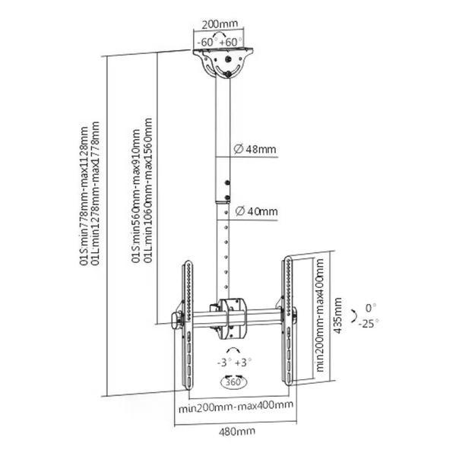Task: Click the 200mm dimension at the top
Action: click(220, 24)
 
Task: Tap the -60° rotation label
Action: click(205, 42)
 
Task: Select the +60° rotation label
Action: click(230, 42)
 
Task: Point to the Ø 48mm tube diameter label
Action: click(255, 149)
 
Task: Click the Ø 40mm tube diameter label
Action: click(257, 211)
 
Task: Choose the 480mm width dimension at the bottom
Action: click(236, 431)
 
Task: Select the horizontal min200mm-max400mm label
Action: click(236, 405)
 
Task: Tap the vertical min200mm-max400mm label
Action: click(320, 315)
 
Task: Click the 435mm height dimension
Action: click(337, 315)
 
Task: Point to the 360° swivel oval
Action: click(233, 382)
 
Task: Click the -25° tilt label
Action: click(368, 324)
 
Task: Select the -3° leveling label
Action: click(224, 363)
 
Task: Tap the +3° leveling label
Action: click(243, 363)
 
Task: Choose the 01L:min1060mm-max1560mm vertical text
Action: click(148, 191)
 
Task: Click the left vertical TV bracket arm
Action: click(187, 325)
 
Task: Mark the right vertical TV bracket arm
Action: click(288, 321)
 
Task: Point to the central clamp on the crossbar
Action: click(233, 318)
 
